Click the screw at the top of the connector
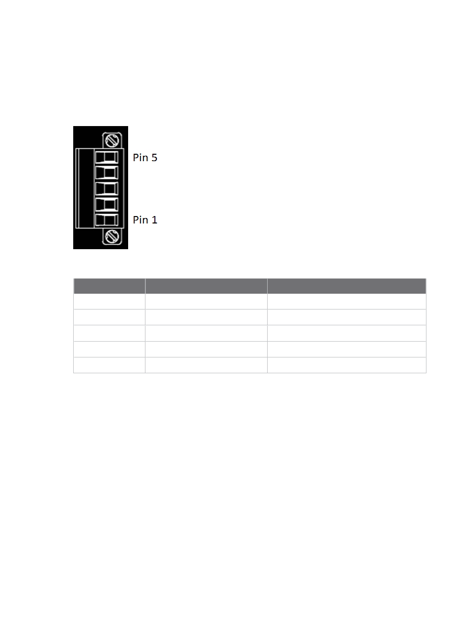coord(112,140)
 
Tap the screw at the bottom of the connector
coord(112,236)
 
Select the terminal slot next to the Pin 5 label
coord(106,157)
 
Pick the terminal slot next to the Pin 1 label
coord(106,220)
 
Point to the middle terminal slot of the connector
coord(106,189)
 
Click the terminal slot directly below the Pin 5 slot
coord(106,173)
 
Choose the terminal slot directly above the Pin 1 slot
coord(106,204)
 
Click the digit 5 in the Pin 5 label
coord(154,158)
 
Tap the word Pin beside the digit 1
coord(141,220)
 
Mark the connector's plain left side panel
coord(85,188)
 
